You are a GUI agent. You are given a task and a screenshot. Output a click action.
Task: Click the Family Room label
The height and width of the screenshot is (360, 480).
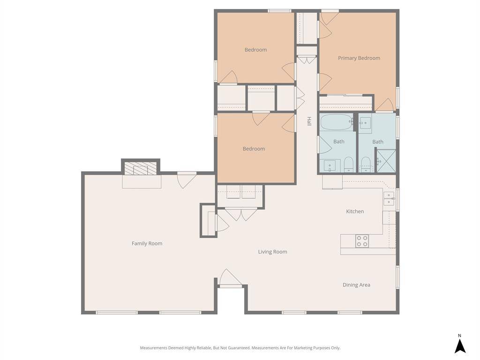coord(147,244)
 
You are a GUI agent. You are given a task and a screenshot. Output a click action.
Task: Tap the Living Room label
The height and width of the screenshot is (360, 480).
coord(272,252)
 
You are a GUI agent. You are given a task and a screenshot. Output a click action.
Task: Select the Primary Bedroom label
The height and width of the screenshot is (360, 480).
coord(359,58)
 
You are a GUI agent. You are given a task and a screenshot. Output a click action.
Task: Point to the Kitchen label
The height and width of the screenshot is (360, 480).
coord(355,211)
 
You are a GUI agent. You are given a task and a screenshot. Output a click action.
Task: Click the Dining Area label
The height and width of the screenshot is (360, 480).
coord(356,285)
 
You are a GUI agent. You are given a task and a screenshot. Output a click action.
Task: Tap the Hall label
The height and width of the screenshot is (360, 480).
coord(309,121)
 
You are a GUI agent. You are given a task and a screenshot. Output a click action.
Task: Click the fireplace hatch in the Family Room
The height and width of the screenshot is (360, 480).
coord(141,168)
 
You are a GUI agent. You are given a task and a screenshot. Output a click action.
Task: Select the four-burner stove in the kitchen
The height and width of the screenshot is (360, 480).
coord(362,241)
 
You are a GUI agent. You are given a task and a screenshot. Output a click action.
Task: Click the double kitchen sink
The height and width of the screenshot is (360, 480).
coord(389,199)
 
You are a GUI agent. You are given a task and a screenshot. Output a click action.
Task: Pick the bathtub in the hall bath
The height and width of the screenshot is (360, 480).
coord(336,122)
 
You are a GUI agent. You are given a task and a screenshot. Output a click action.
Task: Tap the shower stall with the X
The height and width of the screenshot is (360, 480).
coord(386,161)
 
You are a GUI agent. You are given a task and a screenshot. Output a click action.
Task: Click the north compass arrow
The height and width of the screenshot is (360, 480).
coord(460,346)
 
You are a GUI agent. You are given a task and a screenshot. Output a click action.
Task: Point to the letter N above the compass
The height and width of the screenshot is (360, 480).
coord(459,336)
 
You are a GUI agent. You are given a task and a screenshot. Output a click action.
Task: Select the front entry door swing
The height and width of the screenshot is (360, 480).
coord(231,278)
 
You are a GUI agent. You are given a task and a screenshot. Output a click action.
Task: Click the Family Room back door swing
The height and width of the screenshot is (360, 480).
coord(187,180)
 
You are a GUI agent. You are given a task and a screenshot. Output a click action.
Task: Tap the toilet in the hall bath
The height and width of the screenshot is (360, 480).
coord(348,165)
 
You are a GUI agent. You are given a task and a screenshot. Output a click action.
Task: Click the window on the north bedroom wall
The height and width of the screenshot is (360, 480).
coord(279,11)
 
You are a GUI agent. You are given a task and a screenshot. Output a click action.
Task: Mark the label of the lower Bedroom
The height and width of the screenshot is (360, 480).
coord(254,149)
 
